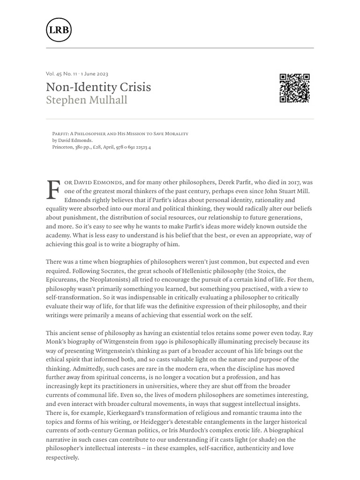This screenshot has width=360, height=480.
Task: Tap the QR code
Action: tap(294, 88)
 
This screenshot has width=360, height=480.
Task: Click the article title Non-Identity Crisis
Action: tap(98, 87)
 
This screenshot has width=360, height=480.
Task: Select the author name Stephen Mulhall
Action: tap(87, 100)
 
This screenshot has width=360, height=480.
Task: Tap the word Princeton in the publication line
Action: tap(63, 147)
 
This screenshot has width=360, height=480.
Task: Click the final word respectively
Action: tap(62, 457)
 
